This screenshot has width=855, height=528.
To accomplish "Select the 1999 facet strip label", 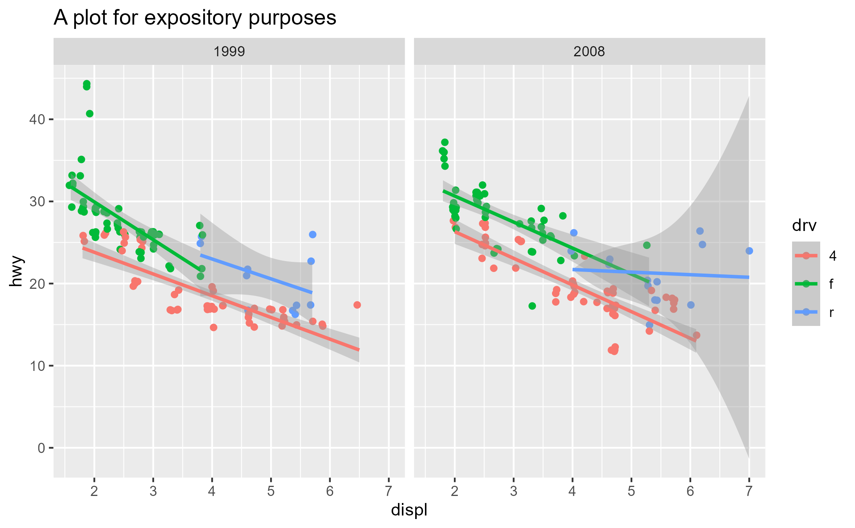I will pos(229,52).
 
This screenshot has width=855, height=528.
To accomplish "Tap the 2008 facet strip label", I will pos(589,52).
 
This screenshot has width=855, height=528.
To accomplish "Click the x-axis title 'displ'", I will pos(409,510).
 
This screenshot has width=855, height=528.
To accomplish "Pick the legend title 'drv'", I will pos(804,226).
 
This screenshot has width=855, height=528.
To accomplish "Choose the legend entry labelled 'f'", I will pos(831,284).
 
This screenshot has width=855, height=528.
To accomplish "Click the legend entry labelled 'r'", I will pos(831,312).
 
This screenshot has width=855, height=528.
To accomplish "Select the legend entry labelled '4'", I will pos(832,256).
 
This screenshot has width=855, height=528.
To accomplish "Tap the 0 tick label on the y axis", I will pos(41,448).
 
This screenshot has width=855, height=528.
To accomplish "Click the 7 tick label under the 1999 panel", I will pos(389,491).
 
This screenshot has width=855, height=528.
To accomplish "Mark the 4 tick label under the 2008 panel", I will pos(572,491).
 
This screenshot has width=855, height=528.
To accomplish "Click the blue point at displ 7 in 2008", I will pos(749,251).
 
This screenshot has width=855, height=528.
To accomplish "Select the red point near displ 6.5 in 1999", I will pos(357,305).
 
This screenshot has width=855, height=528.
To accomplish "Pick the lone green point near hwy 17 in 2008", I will pos(532,306).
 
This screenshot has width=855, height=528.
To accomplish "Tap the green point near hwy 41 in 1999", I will pos(90,114).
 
